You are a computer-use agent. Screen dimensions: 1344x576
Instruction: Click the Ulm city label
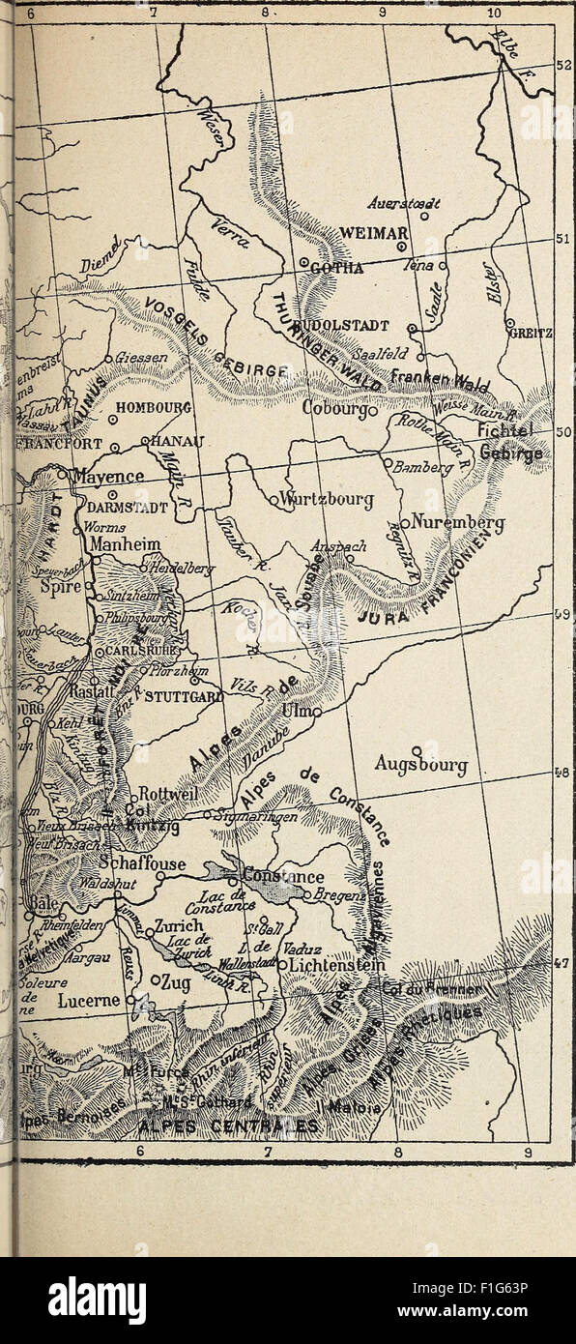point(293,712)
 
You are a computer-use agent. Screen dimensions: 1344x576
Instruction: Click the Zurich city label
point(179,925)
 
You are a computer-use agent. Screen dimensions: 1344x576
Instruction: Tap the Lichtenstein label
point(337,966)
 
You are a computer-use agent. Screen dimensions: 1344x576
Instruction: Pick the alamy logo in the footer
point(98,1300)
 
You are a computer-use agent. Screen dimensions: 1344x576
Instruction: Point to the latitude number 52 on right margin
point(564,65)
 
